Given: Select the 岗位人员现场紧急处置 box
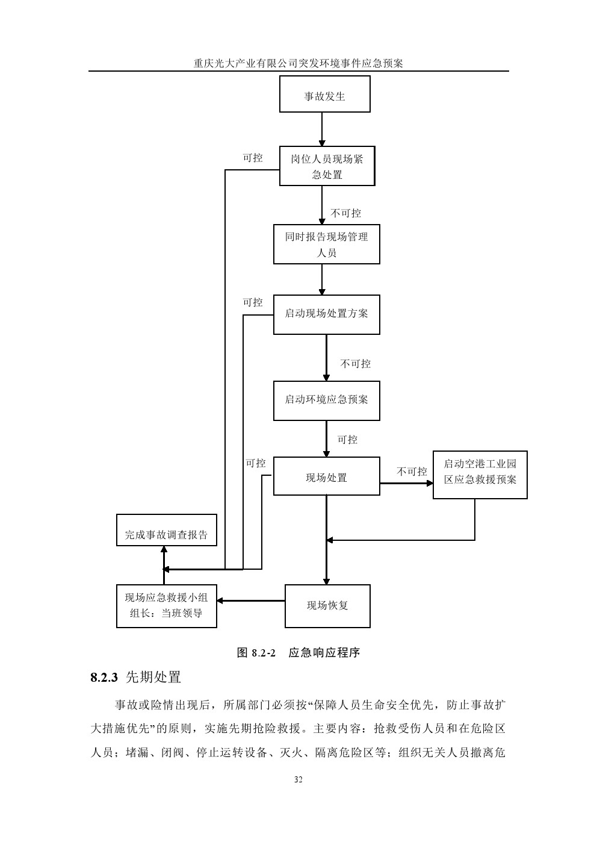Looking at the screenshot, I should click(327, 166).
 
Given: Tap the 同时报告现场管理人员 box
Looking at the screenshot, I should click(326, 245).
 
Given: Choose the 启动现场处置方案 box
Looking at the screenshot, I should click(326, 314).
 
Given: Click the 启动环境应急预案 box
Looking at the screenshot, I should click(326, 401).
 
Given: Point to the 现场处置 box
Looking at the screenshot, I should click(326, 476).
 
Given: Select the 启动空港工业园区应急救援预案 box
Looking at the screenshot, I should click(480, 475).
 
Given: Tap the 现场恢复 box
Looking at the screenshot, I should click(327, 606).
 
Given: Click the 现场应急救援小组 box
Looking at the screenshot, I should click(166, 606).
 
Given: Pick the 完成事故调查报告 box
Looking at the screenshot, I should click(166, 531).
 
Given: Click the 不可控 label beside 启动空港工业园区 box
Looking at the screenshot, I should click(412, 472).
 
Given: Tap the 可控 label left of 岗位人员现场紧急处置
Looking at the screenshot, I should click(253, 158).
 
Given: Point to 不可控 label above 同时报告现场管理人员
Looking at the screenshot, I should click(346, 213).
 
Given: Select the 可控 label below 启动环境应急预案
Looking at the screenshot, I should click(347, 440).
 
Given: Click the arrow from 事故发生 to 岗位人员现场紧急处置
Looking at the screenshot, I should click(322, 129).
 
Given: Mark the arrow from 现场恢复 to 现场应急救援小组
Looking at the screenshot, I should click(251, 600).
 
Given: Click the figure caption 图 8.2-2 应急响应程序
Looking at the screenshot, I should click(298, 653).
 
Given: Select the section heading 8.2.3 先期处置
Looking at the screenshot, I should click(135, 677).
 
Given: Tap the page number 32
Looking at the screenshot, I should click(298, 779).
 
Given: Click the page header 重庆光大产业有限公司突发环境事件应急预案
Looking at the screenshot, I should click(298, 63).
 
